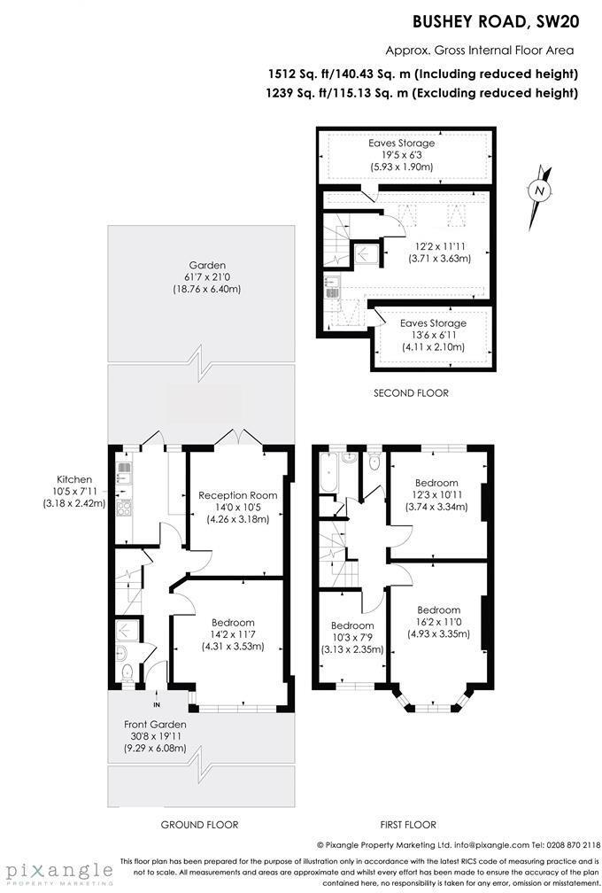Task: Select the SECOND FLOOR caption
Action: click(x=411, y=392)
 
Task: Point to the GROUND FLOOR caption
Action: click(x=199, y=825)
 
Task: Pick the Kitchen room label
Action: click(x=74, y=479)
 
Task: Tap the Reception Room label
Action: click(x=237, y=495)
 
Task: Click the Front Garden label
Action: click(x=155, y=724)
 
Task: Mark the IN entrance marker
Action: click(x=157, y=704)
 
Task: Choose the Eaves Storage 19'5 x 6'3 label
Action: click(x=401, y=143)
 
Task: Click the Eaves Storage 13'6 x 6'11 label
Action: click(x=432, y=323)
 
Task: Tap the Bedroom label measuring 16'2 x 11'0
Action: click(x=438, y=610)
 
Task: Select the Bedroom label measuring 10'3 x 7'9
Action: click(x=351, y=625)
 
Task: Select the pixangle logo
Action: click(x=57, y=871)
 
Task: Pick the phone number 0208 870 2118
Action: click(x=567, y=845)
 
